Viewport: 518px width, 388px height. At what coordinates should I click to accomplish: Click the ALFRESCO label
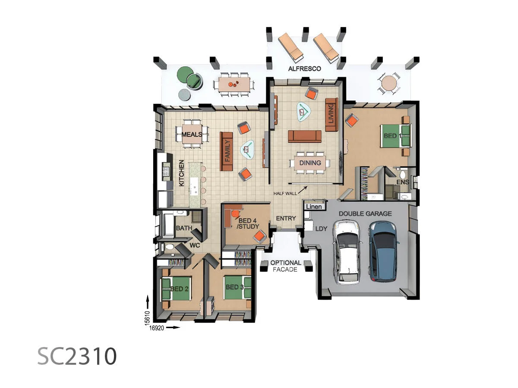coord(304,69)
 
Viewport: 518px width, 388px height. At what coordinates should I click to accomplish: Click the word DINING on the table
coord(310,163)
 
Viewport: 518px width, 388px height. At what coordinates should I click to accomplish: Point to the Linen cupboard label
coord(314,207)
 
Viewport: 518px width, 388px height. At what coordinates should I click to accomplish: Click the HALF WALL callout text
coord(285,194)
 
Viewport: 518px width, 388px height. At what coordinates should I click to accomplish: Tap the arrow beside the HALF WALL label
coord(304,189)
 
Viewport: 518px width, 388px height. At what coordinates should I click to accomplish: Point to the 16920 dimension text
coord(157,328)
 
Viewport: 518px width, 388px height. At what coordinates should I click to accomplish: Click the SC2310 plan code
coord(77,356)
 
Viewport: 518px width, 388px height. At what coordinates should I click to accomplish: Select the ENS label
coord(402,182)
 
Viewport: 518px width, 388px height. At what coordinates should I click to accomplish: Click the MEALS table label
coord(192,135)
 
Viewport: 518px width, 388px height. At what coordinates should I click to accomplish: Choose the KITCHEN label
coord(182,173)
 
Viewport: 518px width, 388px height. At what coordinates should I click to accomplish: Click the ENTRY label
coord(286,219)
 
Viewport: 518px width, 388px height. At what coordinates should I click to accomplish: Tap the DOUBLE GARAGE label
coord(365,213)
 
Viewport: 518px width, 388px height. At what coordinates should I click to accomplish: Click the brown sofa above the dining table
coord(304,136)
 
